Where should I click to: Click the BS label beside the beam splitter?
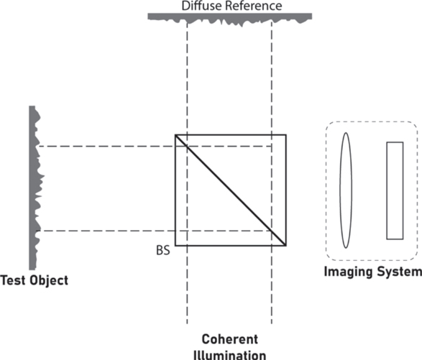[x=163, y=251]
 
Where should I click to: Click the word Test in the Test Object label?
[x=13, y=280]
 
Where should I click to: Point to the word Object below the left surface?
[x=49, y=281]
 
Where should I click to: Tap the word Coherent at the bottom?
[x=230, y=339]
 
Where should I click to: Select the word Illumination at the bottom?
[x=230, y=355]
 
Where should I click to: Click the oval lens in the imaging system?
[x=340, y=190]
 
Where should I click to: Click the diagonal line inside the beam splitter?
[x=231, y=190]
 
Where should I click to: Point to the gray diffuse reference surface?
[x=230, y=17]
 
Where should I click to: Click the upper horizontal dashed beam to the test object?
[x=155, y=147]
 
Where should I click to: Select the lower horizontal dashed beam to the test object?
[x=155, y=231]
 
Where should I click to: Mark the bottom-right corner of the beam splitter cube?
[x=286, y=246]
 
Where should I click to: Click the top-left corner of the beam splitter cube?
[x=175, y=134]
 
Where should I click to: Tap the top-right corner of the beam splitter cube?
[x=286, y=134]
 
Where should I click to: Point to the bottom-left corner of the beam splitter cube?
[x=175, y=246]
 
